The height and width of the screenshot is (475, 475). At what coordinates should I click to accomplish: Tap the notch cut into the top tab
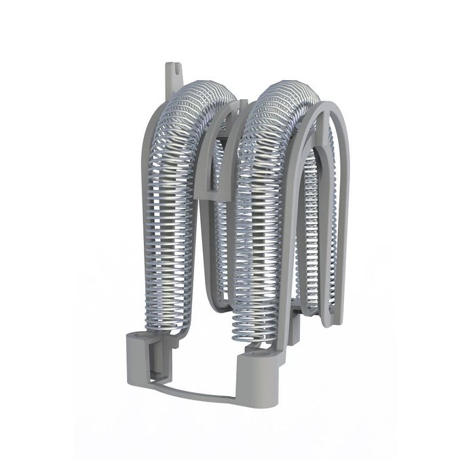173,69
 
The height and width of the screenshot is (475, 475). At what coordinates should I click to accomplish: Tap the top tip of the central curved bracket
242,103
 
